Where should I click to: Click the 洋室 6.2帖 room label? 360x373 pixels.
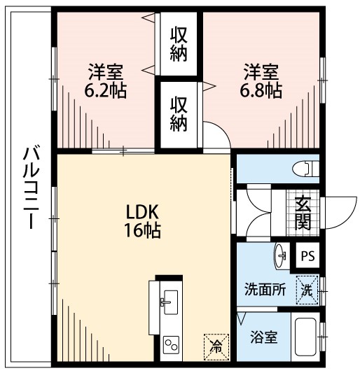click(x=106, y=82)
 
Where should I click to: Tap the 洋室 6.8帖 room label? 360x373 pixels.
click(x=263, y=82)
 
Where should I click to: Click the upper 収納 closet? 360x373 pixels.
click(x=179, y=45)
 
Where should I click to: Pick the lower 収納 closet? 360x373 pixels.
click(x=179, y=114)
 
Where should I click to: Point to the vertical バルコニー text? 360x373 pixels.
click(x=30, y=189)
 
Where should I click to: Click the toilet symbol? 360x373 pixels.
click(x=306, y=169)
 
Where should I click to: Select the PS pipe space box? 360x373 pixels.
click(x=307, y=256)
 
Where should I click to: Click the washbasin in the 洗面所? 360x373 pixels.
click(x=282, y=255)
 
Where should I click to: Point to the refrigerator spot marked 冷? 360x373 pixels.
click(x=216, y=344)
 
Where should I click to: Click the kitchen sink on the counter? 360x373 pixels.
click(x=167, y=303)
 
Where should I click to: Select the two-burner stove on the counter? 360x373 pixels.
click(x=171, y=344)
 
